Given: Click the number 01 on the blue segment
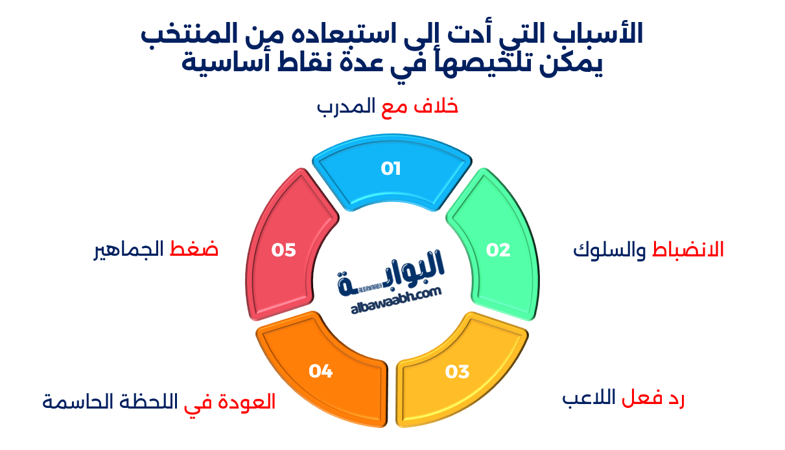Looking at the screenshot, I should [x=391, y=169].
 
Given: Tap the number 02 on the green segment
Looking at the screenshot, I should [x=498, y=250].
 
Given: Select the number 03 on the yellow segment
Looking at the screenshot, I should [x=457, y=372].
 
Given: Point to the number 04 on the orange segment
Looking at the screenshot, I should [x=321, y=371].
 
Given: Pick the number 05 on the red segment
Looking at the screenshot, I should [x=284, y=250].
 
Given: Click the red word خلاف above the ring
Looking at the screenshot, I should [x=438, y=106].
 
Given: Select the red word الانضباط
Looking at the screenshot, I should [x=688, y=250].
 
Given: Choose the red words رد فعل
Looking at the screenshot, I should [x=654, y=399].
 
